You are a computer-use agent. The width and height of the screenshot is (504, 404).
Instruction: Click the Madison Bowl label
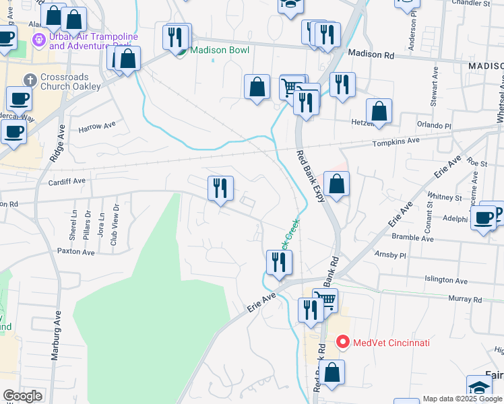[220, 50]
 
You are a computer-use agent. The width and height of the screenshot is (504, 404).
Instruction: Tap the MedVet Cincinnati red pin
[342, 343]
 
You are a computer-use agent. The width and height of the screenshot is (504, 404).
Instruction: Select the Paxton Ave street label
[76, 251]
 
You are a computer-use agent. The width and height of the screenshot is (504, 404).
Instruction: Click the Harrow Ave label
[97, 126]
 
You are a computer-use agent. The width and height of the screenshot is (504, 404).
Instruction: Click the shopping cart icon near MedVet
[325, 300]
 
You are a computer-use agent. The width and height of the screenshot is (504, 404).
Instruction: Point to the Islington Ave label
[445, 280]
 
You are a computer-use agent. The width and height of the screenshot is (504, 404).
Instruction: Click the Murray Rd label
[467, 299]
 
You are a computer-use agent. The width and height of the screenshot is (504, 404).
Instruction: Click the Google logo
[22, 396]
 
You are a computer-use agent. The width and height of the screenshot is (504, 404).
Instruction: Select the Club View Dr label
[114, 225]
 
